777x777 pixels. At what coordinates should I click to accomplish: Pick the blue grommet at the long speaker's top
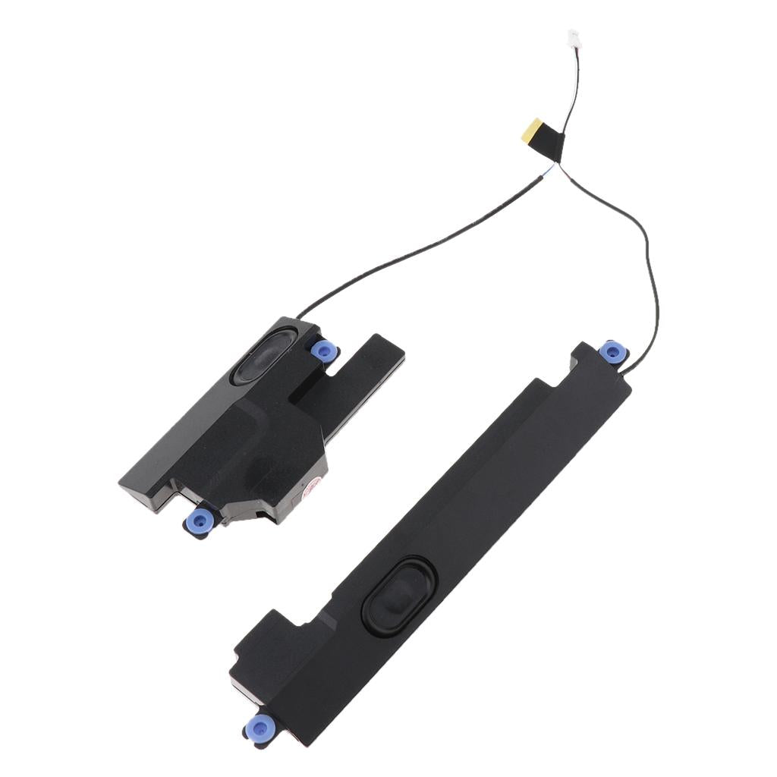612,351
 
